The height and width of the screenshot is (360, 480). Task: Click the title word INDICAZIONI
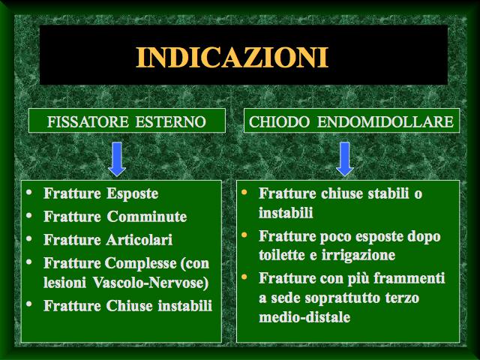click(232, 57)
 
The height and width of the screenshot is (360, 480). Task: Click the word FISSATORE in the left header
click(88, 121)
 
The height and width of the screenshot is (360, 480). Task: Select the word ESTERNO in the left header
click(170, 121)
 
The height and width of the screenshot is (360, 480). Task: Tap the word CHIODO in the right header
click(279, 121)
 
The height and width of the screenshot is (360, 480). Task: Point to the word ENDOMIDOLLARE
click(385, 121)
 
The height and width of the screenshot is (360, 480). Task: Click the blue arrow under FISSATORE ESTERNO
click(117, 159)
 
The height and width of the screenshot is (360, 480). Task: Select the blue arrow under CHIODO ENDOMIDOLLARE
click(345, 159)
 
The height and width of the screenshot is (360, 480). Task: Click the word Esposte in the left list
click(133, 193)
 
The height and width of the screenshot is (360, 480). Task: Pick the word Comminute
click(147, 217)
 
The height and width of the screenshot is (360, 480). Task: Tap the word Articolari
click(139, 240)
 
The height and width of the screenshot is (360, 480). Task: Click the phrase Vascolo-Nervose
click(151, 282)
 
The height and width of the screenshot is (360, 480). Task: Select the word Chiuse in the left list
click(130, 305)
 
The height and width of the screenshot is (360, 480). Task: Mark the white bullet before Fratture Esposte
click(29, 192)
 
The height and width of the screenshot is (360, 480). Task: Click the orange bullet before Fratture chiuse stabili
click(244, 192)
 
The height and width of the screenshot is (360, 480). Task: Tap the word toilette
click(281, 255)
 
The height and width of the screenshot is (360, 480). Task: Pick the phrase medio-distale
click(304, 316)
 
